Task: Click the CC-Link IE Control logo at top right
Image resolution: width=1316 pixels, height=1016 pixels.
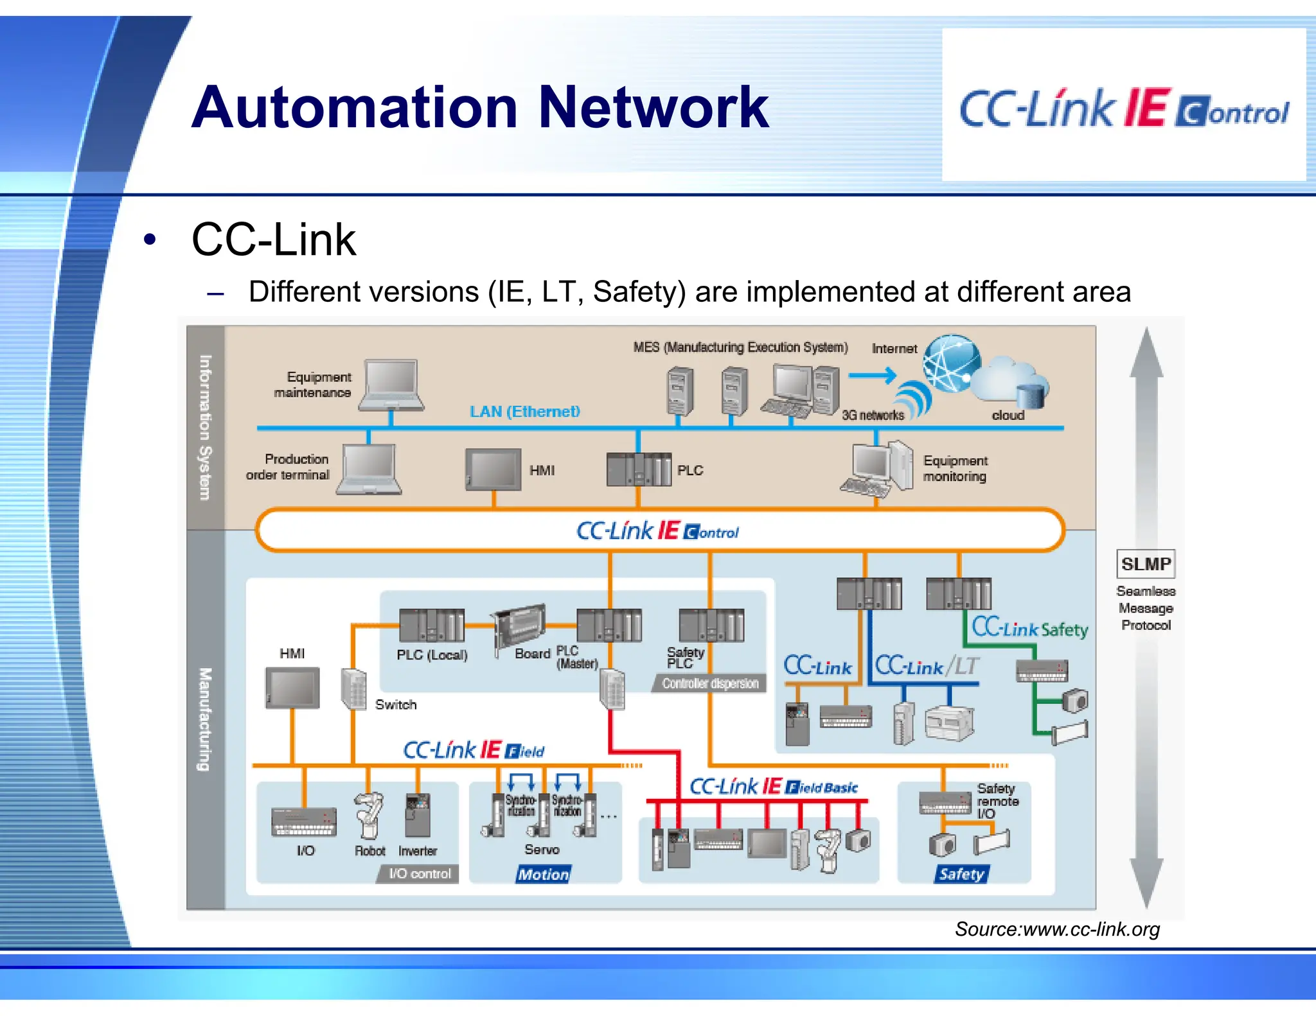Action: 1123,109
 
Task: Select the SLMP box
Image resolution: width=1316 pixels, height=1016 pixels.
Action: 1145,564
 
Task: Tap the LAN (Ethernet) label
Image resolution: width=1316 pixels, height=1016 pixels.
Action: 524,412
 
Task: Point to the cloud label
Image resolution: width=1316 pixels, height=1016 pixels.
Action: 1008,416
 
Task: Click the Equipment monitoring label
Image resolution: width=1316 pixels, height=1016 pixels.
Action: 955,469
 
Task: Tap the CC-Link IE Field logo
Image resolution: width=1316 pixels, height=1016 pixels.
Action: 473,750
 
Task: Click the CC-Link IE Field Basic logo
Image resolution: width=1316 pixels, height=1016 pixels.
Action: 773,787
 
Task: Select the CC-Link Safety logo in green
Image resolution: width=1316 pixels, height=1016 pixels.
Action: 1029,628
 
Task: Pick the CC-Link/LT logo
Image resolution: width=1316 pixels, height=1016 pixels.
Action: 927,666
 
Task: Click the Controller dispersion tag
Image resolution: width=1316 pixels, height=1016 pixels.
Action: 710,683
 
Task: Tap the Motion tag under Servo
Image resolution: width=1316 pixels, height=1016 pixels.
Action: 543,874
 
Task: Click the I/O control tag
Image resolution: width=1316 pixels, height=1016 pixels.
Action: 419,873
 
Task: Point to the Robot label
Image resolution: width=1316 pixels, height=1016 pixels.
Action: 369,851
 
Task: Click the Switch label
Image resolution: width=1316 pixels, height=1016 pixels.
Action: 396,705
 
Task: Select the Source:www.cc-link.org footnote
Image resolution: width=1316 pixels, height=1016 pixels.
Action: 1056,929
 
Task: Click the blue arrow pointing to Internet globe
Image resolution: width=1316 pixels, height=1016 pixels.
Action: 872,375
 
